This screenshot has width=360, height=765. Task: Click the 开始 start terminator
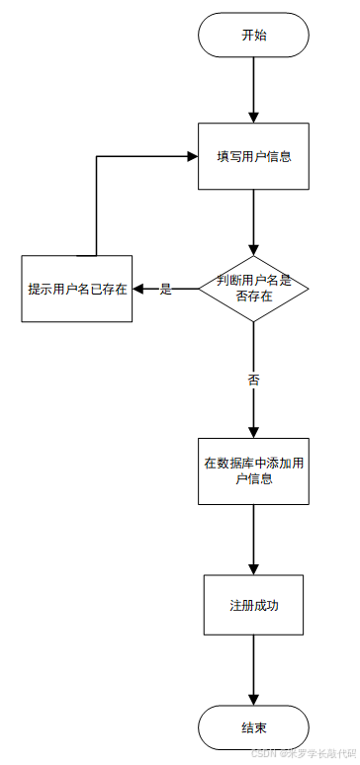[x=253, y=35]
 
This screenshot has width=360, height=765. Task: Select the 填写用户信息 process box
[x=253, y=156]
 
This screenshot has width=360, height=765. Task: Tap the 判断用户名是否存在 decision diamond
[x=253, y=288]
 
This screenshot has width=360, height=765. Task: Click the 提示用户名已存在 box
[x=77, y=289]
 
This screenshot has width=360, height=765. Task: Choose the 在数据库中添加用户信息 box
[x=253, y=470]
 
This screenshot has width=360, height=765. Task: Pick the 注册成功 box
[x=253, y=604]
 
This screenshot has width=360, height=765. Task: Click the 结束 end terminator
[x=253, y=727]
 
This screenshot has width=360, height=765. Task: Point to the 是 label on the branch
[x=166, y=289]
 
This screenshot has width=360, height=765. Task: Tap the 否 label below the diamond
[x=253, y=379]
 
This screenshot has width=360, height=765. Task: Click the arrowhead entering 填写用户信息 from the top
[x=253, y=117]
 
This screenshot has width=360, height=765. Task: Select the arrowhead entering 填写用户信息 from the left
[x=192, y=156]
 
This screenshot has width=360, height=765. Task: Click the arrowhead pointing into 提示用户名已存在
[x=139, y=289]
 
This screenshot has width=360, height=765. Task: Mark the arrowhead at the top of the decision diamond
[x=253, y=249]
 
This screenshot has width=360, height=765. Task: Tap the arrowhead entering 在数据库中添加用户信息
[x=253, y=431]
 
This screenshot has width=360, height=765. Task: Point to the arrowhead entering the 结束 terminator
[x=253, y=700]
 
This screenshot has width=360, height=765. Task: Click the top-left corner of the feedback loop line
[x=96, y=156]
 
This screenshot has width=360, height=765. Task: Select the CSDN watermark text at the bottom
[x=303, y=753]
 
